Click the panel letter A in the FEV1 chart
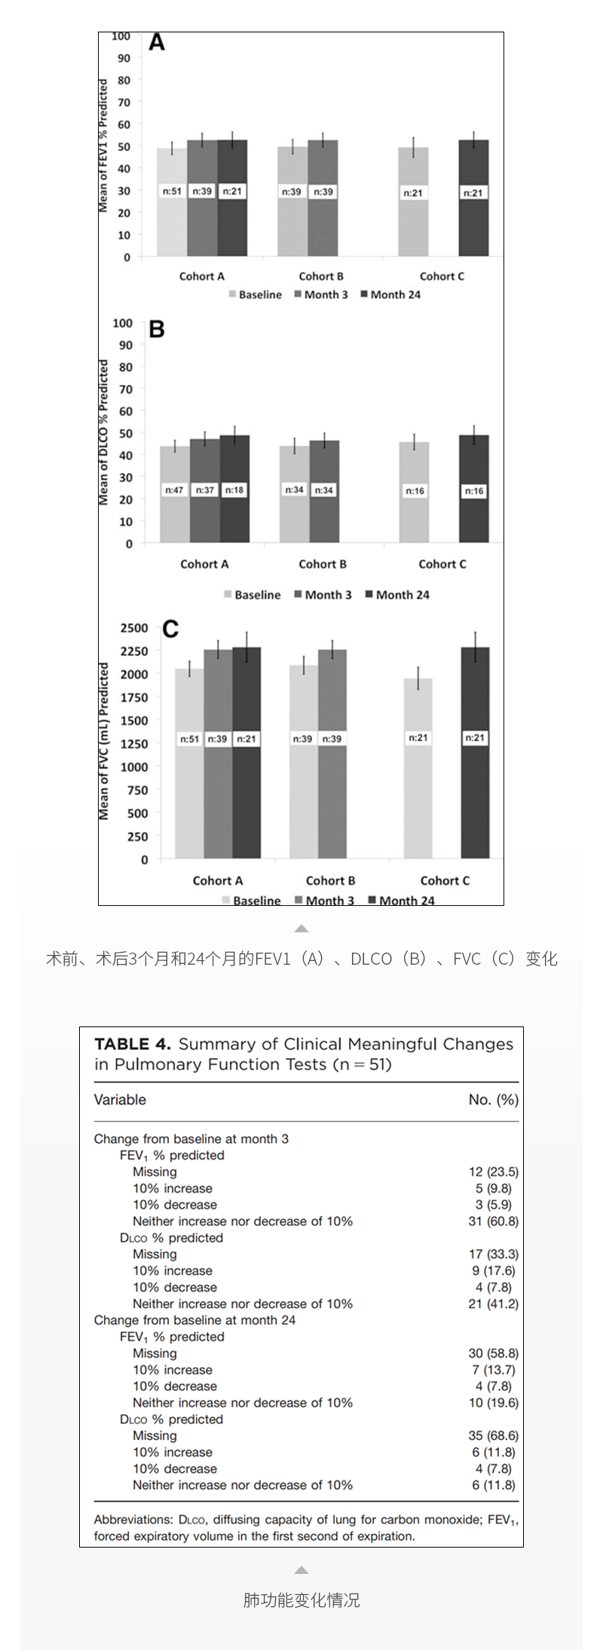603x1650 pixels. tap(156, 42)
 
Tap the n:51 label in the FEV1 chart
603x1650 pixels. tap(172, 191)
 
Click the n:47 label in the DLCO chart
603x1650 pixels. tap(174, 490)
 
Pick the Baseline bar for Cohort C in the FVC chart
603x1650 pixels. tap(418, 768)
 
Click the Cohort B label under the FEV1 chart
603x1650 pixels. tap(321, 276)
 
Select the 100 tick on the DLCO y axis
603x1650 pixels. tap(122, 323)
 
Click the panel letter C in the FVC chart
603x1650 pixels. tap(170, 629)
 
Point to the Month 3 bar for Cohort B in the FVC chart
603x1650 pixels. tap(332, 753)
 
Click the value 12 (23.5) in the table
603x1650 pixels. tap(493, 1172)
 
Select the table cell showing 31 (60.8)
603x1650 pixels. tap(493, 1221)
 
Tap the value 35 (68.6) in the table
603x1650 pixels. tap(493, 1436)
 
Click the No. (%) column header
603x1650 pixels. tap(493, 1099)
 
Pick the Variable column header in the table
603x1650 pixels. tap(120, 1099)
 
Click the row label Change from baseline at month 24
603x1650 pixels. tap(194, 1320)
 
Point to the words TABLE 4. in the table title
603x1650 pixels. tap(133, 1044)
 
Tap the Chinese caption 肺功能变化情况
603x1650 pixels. tap(301, 1600)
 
